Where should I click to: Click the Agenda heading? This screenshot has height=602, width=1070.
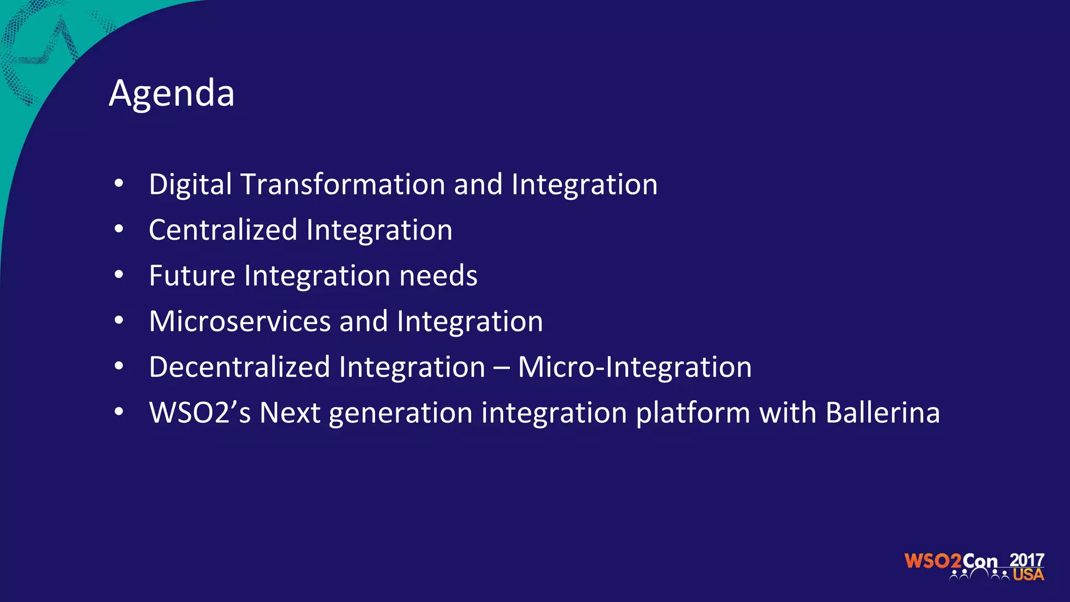tap(171, 93)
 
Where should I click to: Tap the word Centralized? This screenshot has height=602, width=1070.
tap(223, 230)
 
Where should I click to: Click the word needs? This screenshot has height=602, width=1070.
tap(438, 275)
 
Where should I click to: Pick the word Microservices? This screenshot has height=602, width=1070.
tap(240, 321)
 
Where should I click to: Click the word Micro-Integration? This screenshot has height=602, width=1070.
tap(634, 366)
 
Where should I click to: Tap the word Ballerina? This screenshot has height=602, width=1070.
tap(882, 412)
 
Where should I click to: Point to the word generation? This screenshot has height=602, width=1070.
tap(401, 413)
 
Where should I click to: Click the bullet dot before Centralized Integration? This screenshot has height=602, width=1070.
tap(119, 229)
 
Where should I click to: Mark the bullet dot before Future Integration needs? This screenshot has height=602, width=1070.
tap(119, 275)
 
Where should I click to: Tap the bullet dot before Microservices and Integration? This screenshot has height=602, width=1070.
tap(119, 320)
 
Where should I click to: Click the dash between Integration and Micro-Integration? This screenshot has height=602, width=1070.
tap(501, 367)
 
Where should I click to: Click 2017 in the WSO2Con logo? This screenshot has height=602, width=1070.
tap(1027, 560)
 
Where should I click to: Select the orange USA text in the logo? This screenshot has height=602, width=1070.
tap(1028, 575)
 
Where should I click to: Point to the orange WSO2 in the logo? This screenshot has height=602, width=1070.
tap(933, 561)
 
